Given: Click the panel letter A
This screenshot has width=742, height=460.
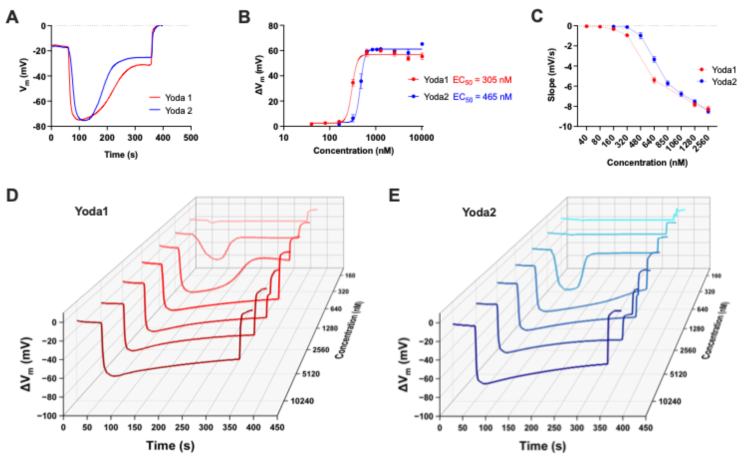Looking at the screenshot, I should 12,17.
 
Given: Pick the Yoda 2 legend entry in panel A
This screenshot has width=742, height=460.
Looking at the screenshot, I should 178,110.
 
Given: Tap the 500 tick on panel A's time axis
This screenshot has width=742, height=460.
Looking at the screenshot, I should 191,138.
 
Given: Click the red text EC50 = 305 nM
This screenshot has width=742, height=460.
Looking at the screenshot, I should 482,80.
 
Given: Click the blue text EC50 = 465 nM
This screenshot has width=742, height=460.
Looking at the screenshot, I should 482,97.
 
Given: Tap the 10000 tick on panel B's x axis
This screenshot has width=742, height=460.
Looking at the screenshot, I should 421,138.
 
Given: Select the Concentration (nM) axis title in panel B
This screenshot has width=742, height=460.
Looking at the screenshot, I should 353,151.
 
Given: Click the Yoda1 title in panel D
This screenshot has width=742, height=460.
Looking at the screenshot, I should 91,211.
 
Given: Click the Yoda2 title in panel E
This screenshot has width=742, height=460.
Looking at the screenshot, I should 479,212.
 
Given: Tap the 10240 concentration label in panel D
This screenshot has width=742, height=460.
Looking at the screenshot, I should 302,401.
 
